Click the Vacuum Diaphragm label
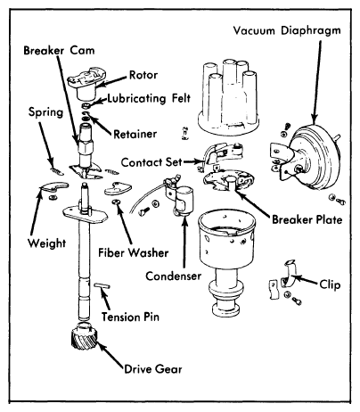(x=287, y=31)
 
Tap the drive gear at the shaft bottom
(x=85, y=337)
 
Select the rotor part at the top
(x=87, y=84)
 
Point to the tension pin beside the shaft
(x=102, y=286)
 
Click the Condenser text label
(x=173, y=276)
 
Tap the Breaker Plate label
(x=307, y=219)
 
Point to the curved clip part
(x=289, y=274)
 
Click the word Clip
(x=330, y=285)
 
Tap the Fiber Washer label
(x=134, y=253)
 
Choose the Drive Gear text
(x=153, y=369)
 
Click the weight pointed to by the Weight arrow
(x=53, y=187)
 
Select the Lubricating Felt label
(x=149, y=98)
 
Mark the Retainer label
(x=135, y=134)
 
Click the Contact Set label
(x=151, y=162)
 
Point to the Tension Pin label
(x=130, y=317)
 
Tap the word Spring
(x=46, y=112)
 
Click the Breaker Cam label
(x=59, y=50)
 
